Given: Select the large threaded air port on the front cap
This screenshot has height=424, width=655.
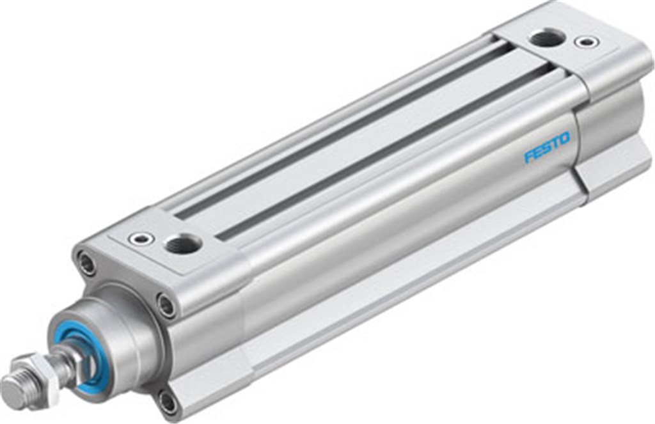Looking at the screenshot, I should pos(183,244).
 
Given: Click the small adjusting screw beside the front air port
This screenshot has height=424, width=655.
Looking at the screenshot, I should pos(141,239).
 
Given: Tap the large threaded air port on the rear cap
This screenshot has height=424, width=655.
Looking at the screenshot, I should pos(547,38).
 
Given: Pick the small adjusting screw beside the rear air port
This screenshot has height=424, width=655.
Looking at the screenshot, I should pos(587,42).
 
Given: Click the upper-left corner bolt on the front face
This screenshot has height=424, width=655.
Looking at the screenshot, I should pos(86,263).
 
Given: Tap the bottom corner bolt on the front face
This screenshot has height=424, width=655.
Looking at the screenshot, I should pos(168,403).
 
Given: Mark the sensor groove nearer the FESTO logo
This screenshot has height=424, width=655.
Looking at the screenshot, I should pos(384,153).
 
